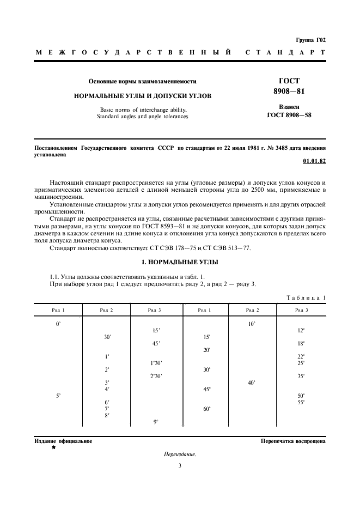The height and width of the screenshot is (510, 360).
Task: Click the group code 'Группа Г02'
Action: point(310,40)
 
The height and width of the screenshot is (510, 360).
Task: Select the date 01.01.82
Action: point(314,161)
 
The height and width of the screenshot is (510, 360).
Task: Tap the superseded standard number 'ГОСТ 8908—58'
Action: point(289,115)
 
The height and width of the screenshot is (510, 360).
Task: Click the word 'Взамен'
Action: point(289,107)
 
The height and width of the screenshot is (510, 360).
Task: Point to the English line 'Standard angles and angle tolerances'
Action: point(142,116)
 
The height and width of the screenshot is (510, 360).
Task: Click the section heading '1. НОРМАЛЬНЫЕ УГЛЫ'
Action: point(180,262)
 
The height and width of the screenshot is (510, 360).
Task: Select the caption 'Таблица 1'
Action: point(306,297)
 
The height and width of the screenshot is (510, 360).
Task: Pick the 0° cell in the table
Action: point(58,324)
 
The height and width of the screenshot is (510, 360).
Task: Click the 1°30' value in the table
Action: point(156,363)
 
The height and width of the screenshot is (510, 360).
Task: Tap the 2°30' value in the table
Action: point(156,376)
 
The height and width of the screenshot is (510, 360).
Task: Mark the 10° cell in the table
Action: point(251,324)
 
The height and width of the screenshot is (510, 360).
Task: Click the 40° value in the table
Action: point(251,382)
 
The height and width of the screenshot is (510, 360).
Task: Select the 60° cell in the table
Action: point(207,409)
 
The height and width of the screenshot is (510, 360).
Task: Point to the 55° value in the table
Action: point(301,402)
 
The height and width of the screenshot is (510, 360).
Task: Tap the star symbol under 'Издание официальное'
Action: point(53,447)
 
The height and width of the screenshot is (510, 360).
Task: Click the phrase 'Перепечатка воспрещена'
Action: point(293,441)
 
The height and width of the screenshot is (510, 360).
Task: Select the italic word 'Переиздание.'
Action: point(180,454)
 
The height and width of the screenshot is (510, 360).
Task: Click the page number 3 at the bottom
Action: point(180,465)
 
